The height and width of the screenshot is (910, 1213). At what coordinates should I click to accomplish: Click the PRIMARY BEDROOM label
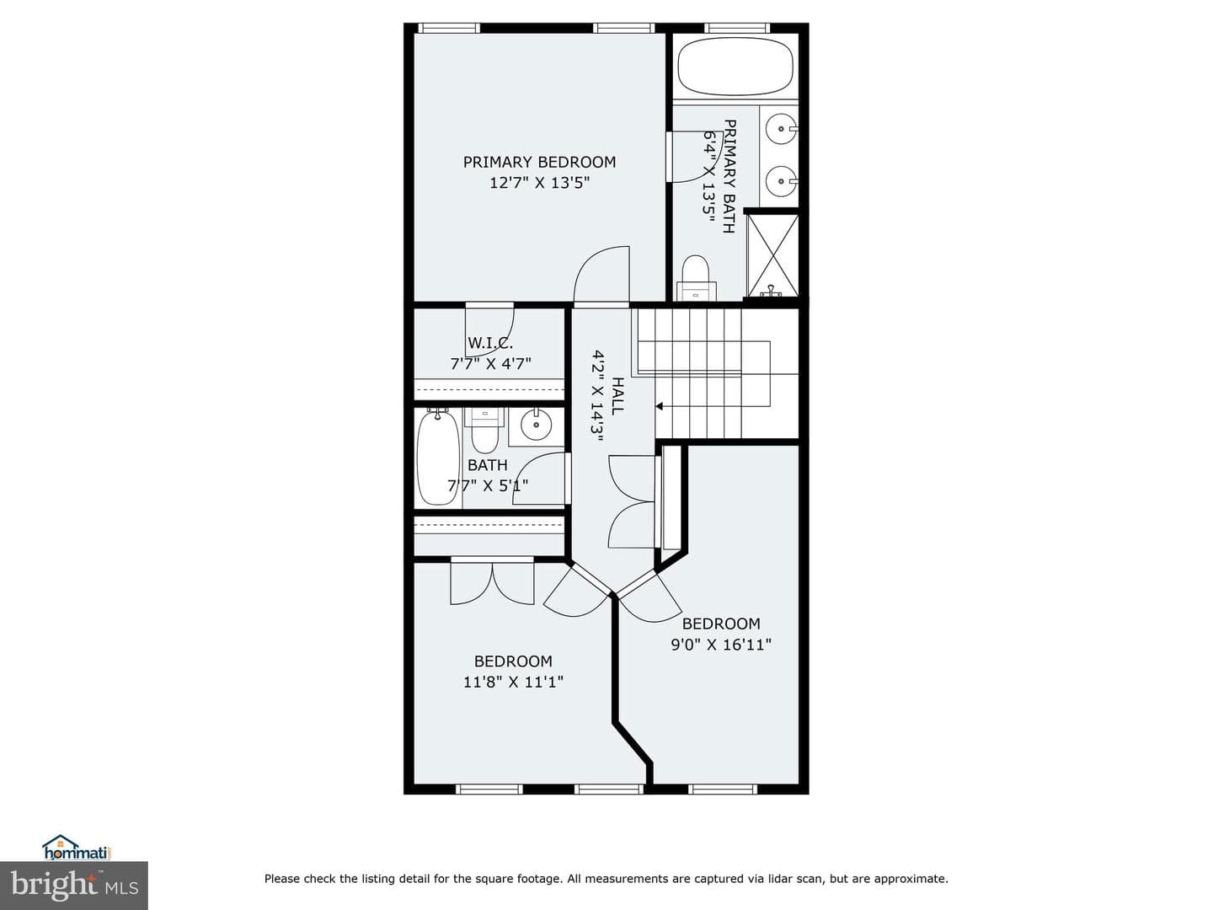point(539,162)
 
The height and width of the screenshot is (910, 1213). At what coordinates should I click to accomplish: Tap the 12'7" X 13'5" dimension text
point(539,182)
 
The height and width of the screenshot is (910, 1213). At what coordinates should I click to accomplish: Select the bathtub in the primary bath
point(735,67)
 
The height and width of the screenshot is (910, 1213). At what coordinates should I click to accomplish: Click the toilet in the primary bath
point(695,278)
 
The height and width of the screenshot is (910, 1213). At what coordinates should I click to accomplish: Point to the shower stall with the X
point(772,256)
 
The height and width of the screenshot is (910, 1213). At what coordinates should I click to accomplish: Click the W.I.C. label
point(490,343)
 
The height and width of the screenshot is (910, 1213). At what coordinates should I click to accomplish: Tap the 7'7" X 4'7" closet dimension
point(491,363)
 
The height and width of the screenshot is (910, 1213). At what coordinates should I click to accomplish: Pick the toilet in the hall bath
point(484,431)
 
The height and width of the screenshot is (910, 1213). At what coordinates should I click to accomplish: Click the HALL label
point(617,396)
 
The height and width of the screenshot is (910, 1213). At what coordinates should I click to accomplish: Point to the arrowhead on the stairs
point(659,407)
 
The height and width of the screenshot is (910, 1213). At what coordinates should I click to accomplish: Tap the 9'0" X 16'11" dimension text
point(721,645)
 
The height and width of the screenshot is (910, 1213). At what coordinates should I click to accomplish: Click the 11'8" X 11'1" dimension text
point(513,682)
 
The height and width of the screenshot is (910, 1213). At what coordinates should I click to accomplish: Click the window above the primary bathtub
point(737,28)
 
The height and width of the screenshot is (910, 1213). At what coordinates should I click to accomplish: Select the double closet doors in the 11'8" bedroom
point(493,583)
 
